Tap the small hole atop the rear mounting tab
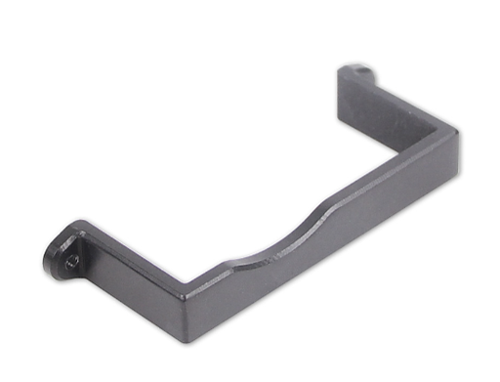point(365,70)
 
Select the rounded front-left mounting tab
point(66,252)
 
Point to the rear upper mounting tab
point(357,78)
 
